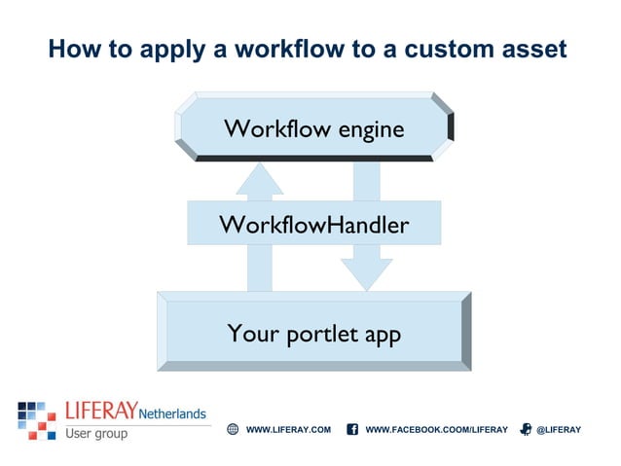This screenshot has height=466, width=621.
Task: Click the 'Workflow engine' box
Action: coord(313,127)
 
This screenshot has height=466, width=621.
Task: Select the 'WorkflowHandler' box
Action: coord(313,224)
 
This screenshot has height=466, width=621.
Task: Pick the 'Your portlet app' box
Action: coord(313,333)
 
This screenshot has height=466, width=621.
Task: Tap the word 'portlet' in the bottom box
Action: coord(321,335)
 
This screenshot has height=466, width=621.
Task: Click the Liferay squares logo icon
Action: coord(36,419)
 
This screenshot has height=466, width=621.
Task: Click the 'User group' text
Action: coord(96,433)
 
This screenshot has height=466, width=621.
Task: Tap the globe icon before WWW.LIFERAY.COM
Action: coord(233,429)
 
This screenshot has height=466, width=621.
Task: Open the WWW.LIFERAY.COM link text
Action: coord(288,429)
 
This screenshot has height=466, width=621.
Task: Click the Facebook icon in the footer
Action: coord(352,429)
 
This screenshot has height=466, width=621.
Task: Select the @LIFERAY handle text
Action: coord(558,429)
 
